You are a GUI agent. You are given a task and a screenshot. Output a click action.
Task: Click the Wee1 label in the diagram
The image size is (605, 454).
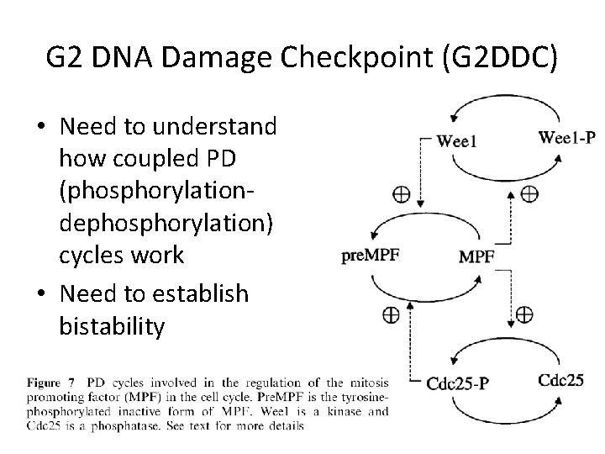coord(456,141)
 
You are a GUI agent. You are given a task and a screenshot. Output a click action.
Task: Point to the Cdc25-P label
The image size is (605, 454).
coord(458,383)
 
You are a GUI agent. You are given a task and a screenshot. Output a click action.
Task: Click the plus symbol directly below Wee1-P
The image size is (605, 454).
coord(529,193)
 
